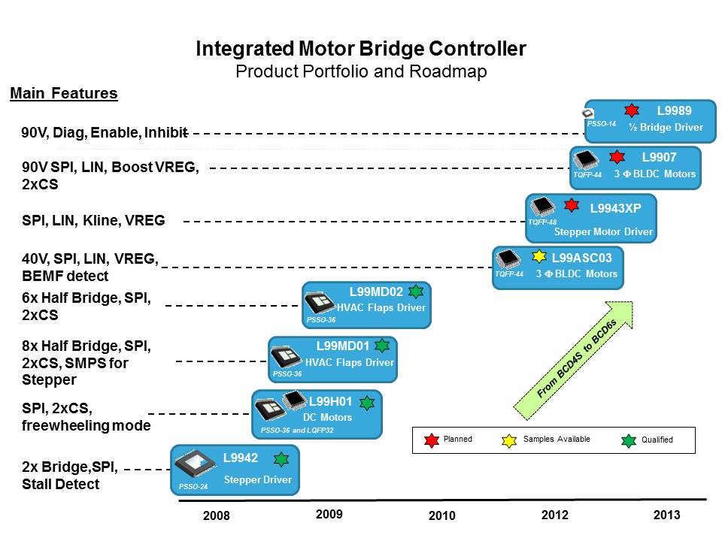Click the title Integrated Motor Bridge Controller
tap(360, 49)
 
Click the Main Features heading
tap(63, 94)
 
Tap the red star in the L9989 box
tap(632, 110)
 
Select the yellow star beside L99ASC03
tap(539, 256)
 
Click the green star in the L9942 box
tap(281, 459)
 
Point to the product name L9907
tap(659, 157)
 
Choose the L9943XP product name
tap(615, 207)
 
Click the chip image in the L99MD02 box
tap(320, 302)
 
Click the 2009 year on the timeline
tap(329, 515)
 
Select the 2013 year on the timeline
tap(666, 515)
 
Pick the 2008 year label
tap(217, 516)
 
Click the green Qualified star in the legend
tap(629, 440)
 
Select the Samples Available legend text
tap(557, 439)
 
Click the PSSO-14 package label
tap(601, 124)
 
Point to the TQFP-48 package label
tap(541, 222)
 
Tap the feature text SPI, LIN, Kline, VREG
tap(93, 221)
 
